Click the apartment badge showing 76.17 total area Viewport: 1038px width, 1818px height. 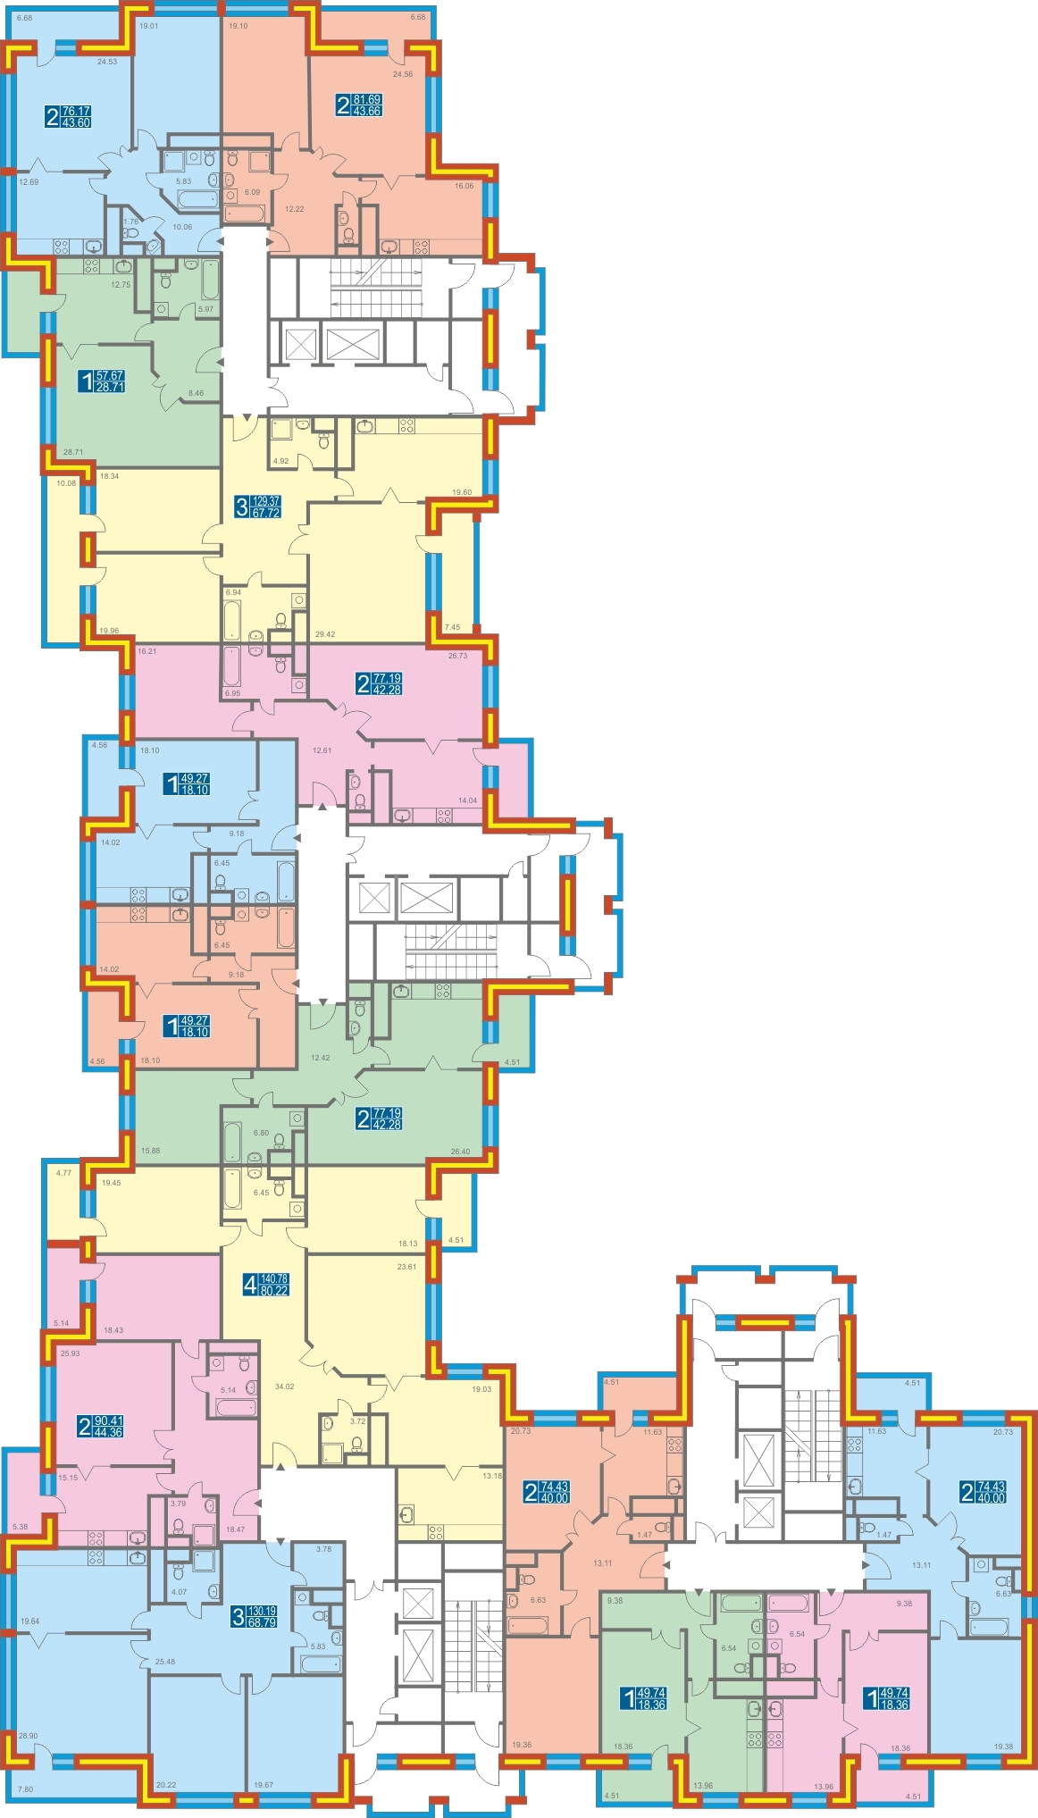(x=69, y=116)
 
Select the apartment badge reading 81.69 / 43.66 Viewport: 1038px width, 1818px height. (x=358, y=105)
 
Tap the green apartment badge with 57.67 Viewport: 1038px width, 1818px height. (x=102, y=381)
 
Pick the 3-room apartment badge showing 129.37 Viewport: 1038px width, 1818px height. (x=257, y=507)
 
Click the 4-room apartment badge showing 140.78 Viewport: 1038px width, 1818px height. (x=266, y=1285)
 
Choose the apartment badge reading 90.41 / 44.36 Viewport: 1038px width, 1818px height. (x=101, y=1426)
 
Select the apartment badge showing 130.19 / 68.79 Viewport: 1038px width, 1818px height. (x=255, y=1616)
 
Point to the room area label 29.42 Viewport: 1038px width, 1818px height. (x=325, y=634)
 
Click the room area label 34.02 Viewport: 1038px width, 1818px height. (x=284, y=1387)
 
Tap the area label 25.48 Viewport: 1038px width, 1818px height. (x=164, y=1662)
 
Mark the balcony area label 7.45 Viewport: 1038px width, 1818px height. (x=452, y=627)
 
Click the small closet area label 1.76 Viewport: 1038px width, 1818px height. (x=131, y=222)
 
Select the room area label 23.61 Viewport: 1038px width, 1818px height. (x=406, y=1267)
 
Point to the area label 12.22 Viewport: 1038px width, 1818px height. (x=294, y=209)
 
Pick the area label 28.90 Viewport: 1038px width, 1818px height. (x=28, y=1736)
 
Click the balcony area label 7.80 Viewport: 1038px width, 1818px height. (x=25, y=1789)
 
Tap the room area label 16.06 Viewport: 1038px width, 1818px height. (x=464, y=186)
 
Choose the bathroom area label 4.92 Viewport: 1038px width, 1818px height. (x=280, y=461)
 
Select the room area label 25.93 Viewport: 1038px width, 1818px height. (x=70, y=1353)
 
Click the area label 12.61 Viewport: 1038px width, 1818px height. (x=322, y=750)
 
